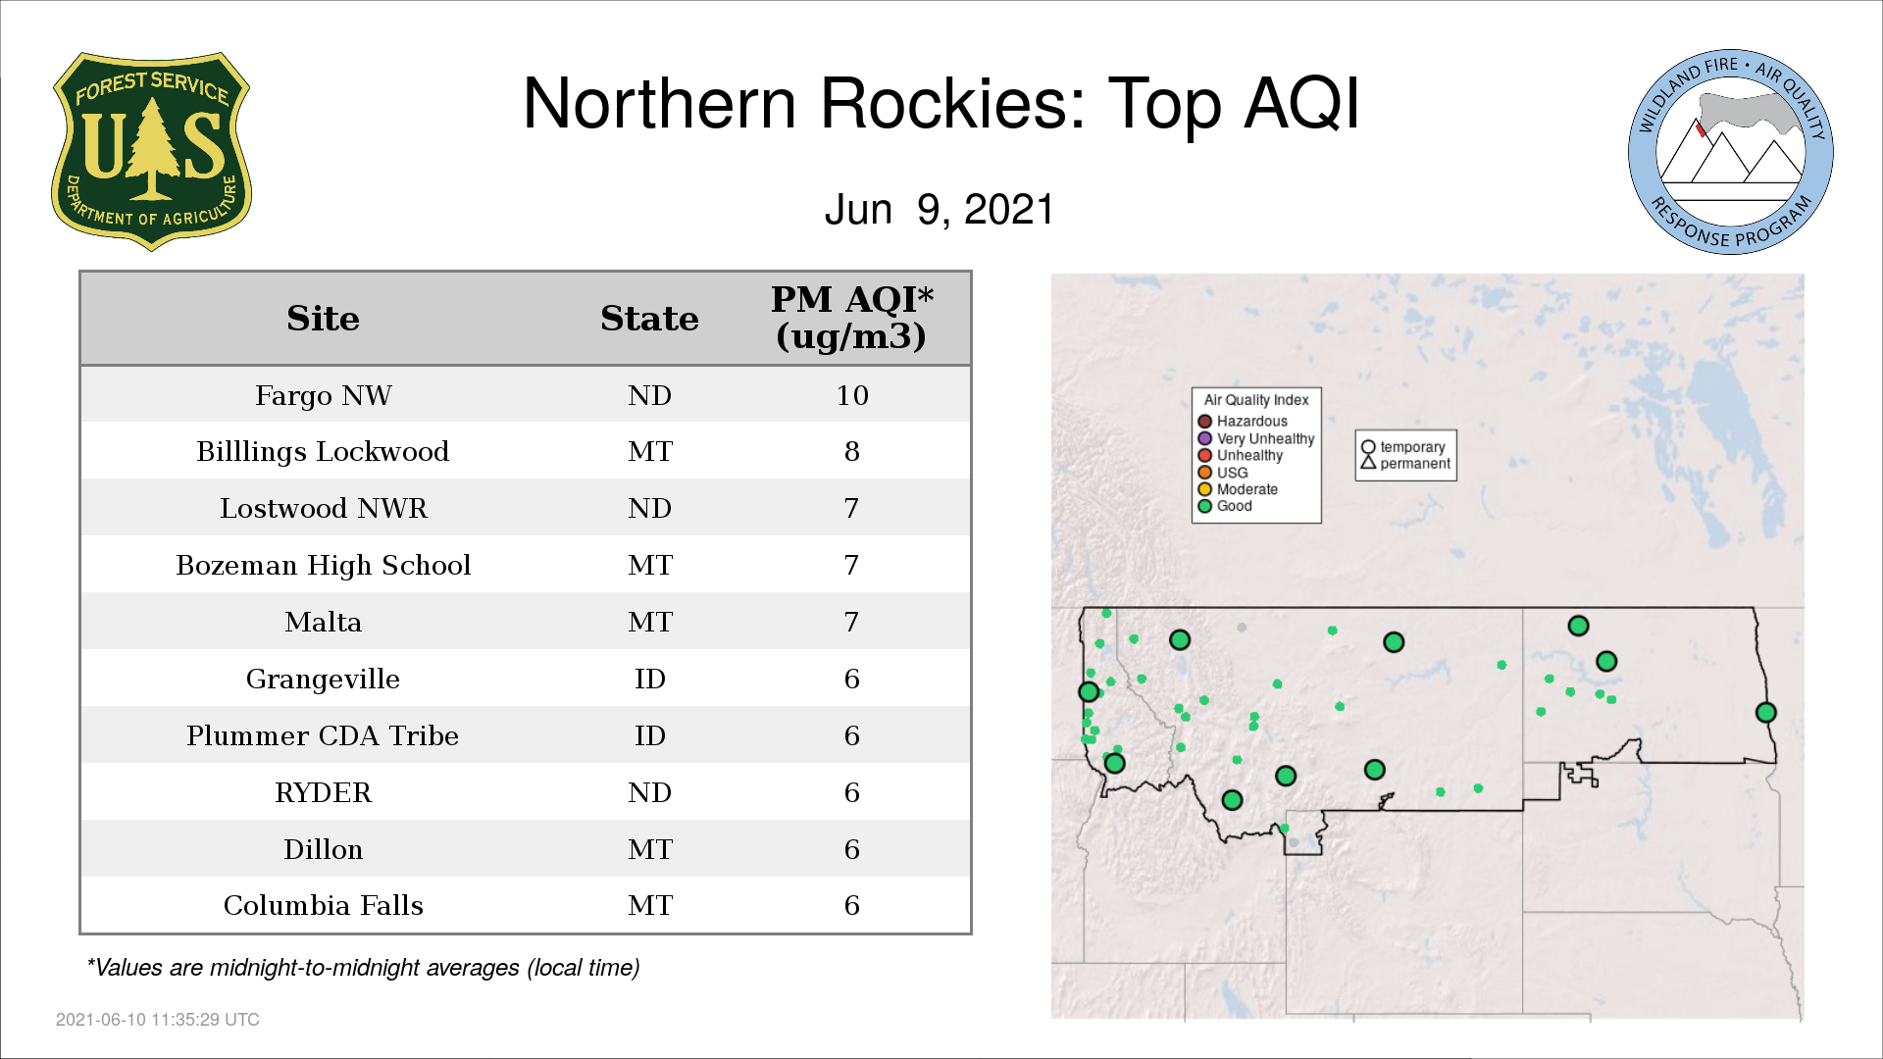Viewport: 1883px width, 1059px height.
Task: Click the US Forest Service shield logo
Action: click(151, 151)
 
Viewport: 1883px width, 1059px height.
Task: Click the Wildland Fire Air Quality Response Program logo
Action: click(1730, 152)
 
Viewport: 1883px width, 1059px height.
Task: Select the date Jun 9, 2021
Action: click(940, 210)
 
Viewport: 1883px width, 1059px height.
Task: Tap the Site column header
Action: click(323, 319)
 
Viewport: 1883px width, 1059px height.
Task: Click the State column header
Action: click(649, 319)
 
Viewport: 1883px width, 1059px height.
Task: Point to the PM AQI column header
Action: click(851, 318)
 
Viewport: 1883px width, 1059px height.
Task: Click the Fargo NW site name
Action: click(323, 395)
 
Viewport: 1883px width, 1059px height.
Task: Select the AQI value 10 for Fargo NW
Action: click(851, 395)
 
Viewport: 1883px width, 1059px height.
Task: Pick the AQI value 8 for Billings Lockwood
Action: click(851, 452)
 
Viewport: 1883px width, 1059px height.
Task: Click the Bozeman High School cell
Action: click(323, 566)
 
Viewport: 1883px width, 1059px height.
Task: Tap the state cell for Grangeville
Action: click(649, 680)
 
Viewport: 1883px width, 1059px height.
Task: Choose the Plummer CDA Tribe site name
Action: click(323, 736)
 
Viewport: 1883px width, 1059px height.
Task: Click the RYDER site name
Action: click(323, 793)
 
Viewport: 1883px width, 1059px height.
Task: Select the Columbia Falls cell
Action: click(323, 906)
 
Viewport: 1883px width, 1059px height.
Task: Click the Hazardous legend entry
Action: click(1243, 422)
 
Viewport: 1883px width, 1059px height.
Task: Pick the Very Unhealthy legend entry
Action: click(1256, 438)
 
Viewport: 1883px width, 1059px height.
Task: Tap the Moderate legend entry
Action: click(1238, 489)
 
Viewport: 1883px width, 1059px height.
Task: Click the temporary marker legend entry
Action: click(1403, 447)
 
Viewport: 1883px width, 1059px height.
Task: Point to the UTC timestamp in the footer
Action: click(158, 1020)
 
